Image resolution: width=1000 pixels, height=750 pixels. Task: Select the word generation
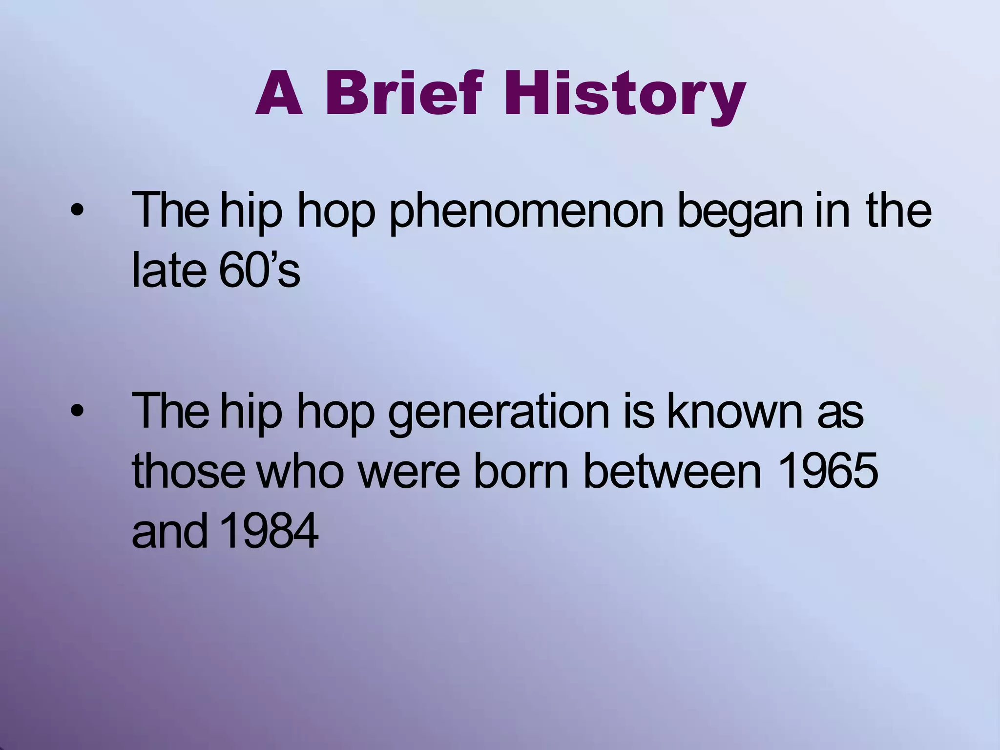pos(499,413)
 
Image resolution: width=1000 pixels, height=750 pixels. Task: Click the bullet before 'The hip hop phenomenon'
pos(77,211)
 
